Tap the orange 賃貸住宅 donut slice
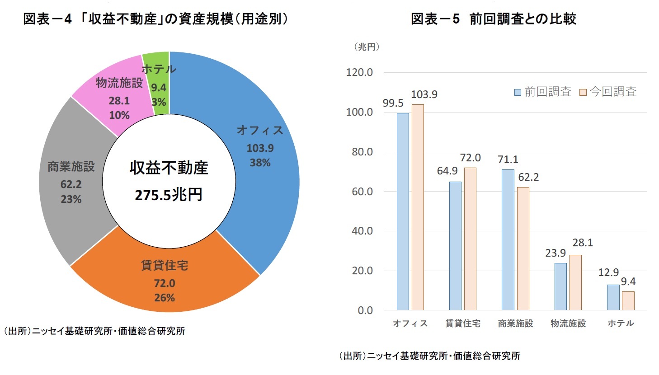[x=165, y=280]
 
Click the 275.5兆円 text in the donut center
[x=169, y=195]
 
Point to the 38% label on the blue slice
[x=260, y=163]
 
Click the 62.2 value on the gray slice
[x=71, y=184]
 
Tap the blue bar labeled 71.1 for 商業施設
[x=508, y=239]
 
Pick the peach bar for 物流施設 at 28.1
[x=575, y=282]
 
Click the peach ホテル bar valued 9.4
[x=628, y=300]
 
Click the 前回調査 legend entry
[x=543, y=92]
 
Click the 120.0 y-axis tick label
[x=359, y=72]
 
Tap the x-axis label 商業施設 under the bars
[x=515, y=323]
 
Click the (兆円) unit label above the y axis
[x=366, y=47]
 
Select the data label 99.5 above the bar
[x=393, y=103]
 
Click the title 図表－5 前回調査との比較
[x=493, y=19]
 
